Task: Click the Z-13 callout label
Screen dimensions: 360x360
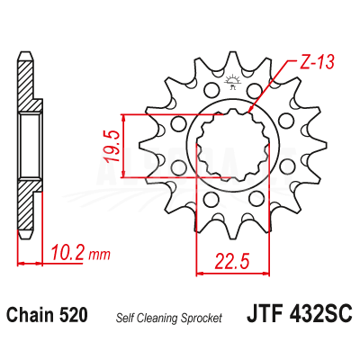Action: (x=317, y=62)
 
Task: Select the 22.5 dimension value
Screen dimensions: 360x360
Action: (x=232, y=261)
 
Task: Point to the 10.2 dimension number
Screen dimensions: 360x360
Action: (x=67, y=252)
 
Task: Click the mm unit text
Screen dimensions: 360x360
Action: (x=99, y=255)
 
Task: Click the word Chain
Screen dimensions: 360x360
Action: (x=31, y=315)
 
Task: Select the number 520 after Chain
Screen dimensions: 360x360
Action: (x=74, y=315)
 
